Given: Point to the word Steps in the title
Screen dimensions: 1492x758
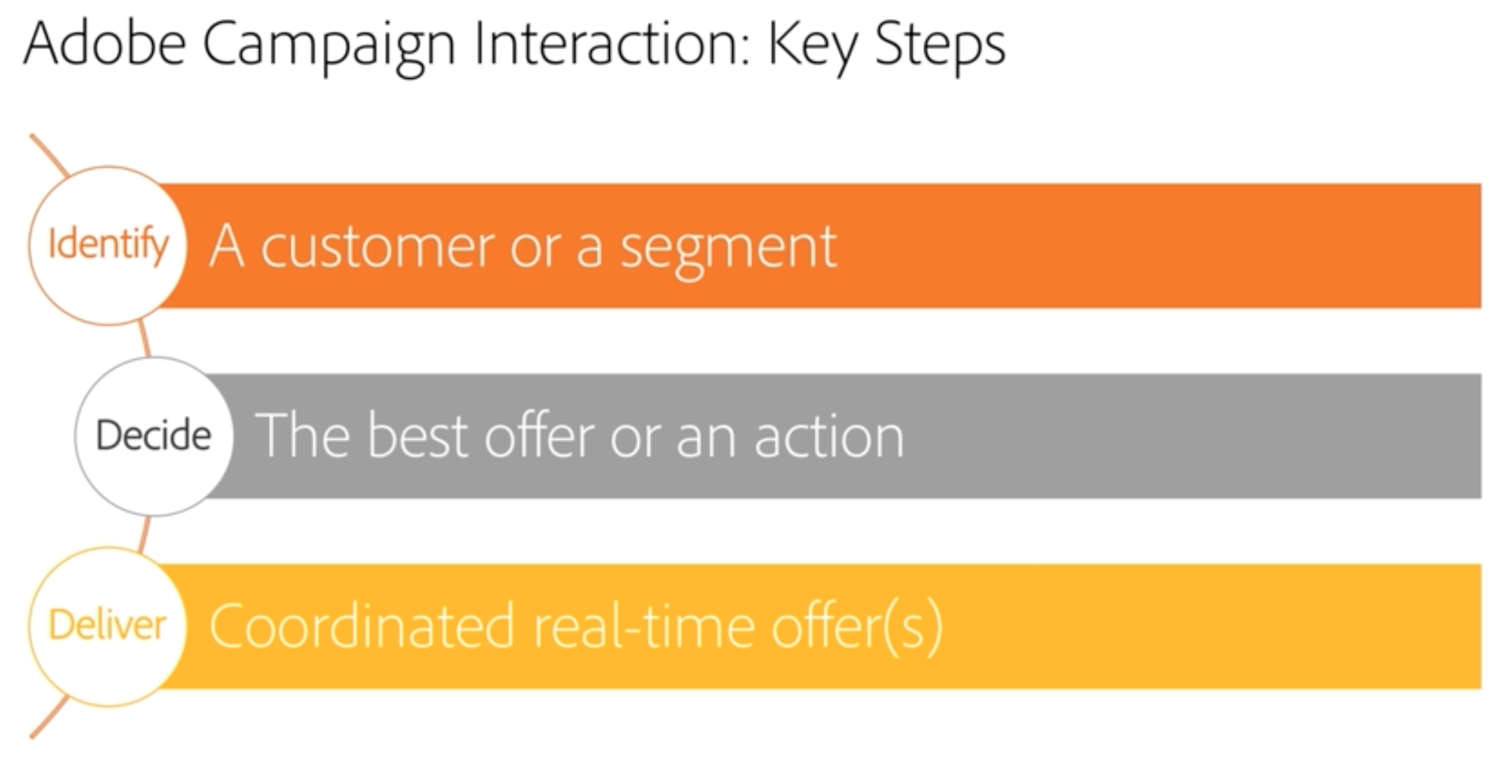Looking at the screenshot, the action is pos(939,49).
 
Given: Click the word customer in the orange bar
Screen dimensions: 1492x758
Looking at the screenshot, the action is pos(378,248).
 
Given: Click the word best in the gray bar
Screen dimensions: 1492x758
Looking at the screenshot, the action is pos(417,435).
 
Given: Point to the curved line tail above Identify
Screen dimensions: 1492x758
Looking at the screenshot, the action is pos(49,154).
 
